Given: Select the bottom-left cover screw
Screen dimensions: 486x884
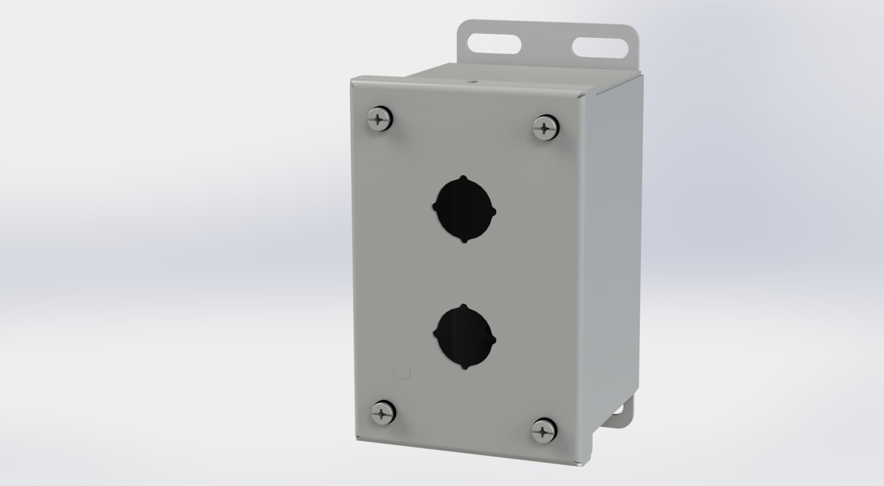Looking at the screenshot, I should [383, 412].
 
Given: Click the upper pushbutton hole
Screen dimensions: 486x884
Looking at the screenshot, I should [464, 209].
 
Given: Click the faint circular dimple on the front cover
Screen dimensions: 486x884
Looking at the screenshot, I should [402, 372].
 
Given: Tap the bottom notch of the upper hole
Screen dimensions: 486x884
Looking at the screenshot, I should [465, 241].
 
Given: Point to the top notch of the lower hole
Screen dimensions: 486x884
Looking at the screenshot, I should [463, 307].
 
